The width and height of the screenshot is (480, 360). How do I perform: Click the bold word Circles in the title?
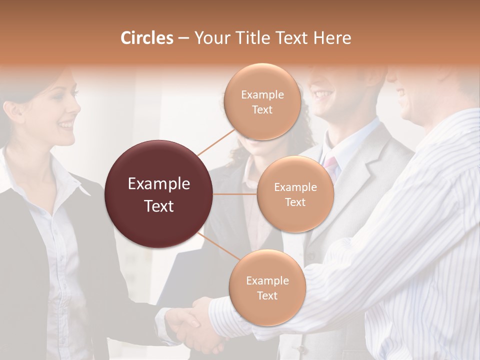tap(146, 38)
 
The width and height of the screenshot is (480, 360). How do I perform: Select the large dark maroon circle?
tap(159, 194)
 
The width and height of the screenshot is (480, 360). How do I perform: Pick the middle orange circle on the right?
tap(295, 194)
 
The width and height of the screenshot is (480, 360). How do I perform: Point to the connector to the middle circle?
tap(234, 194)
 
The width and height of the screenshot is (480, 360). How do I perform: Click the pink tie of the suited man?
tap(330, 162)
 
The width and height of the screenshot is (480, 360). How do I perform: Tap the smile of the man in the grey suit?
tap(323, 93)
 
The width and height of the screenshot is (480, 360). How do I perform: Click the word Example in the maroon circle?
tap(159, 184)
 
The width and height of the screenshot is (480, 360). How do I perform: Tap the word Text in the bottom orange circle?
tap(267, 295)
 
